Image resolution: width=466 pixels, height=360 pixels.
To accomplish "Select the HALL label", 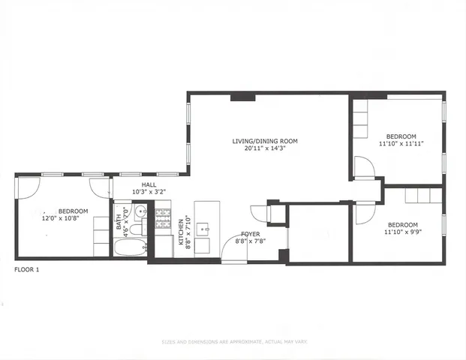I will pyautogui.click(x=149, y=184).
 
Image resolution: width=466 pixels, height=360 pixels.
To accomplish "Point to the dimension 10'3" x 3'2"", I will pyautogui.click(x=149, y=192).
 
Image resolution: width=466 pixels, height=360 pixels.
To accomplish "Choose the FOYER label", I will pyautogui.click(x=250, y=234).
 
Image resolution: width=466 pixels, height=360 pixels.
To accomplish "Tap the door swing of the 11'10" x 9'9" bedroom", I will pyautogui.click(x=365, y=214).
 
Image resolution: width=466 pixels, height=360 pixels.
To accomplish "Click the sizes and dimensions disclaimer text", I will pyautogui.click(x=233, y=343).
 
